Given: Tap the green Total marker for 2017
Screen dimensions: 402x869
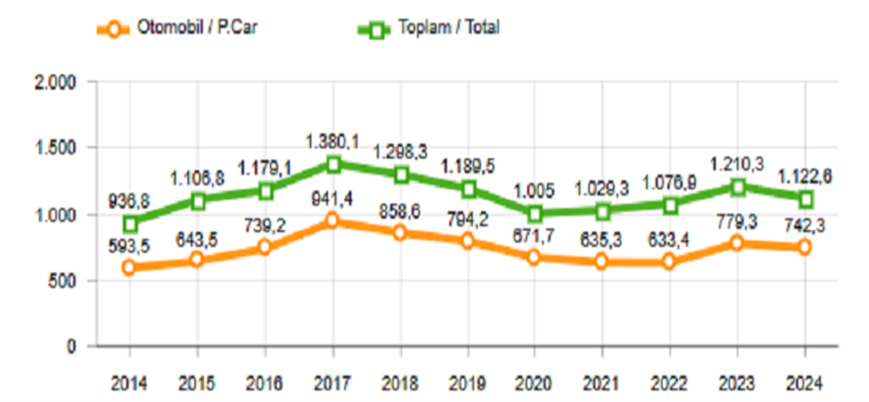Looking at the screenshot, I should click(x=333, y=163).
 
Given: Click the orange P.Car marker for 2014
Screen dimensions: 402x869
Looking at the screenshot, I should click(x=130, y=266).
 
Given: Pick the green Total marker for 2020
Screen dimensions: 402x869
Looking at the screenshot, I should click(x=534, y=213).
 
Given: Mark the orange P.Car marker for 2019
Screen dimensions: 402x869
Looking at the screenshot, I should click(x=467, y=241).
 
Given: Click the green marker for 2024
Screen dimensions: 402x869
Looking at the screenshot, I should click(x=804, y=198).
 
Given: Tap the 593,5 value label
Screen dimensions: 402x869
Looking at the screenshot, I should click(x=130, y=245).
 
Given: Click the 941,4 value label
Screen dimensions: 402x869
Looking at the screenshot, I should click(x=333, y=200).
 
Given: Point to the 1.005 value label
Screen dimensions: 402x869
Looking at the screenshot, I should click(x=534, y=191).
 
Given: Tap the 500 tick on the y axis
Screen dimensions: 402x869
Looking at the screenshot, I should click(x=61, y=280).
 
